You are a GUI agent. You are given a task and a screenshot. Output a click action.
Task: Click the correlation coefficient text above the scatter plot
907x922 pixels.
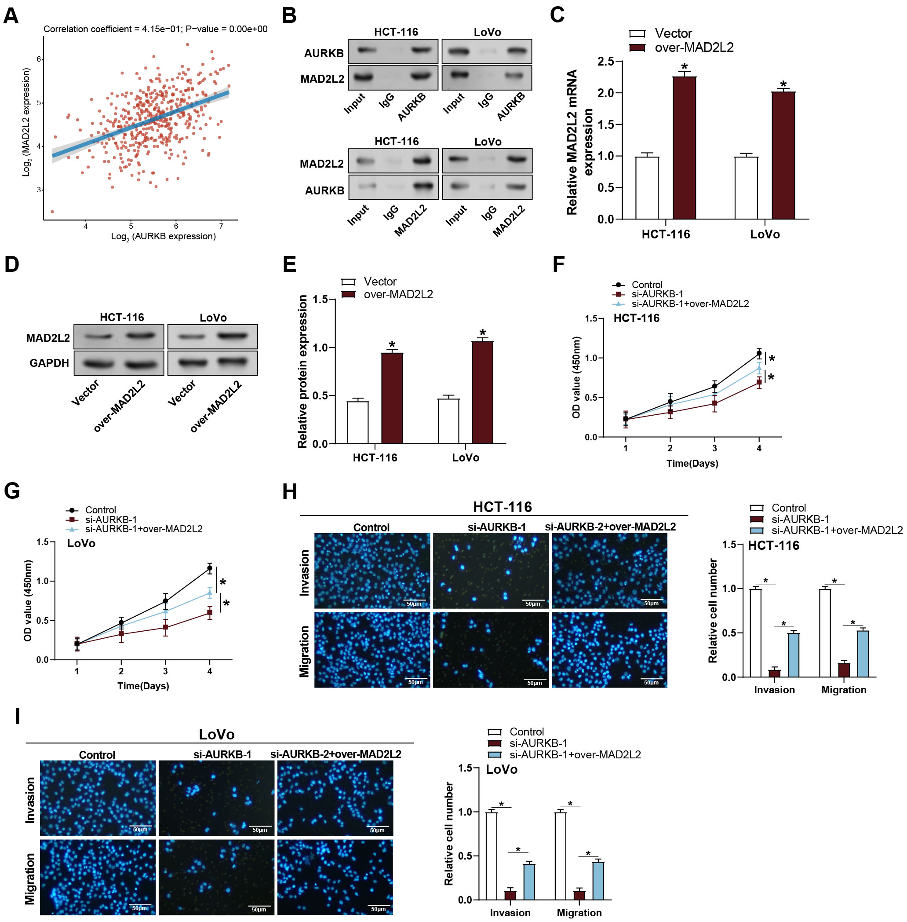[155, 29]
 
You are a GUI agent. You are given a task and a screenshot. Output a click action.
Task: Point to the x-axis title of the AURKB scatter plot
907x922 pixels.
[164, 237]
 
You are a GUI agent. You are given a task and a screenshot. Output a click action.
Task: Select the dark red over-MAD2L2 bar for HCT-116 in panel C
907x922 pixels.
[684, 148]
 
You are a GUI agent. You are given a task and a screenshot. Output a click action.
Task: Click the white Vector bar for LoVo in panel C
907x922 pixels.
[746, 188]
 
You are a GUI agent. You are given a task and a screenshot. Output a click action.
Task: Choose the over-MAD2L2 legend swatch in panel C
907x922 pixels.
[637, 48]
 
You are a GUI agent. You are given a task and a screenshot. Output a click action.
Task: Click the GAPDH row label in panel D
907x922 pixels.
[49, 363]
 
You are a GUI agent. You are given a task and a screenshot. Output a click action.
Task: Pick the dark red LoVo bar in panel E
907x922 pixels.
[483, 392]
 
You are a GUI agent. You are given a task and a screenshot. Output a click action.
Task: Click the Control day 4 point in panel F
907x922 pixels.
[759, 353]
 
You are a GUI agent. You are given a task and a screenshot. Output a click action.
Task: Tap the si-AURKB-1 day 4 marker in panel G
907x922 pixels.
[210, 613]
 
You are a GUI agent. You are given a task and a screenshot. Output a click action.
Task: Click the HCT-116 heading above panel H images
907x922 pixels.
[502, 507]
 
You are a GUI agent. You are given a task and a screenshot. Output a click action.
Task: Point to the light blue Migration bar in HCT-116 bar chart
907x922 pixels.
[863, 654]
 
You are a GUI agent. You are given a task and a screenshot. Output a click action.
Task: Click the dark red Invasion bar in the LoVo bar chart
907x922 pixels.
[510, 895]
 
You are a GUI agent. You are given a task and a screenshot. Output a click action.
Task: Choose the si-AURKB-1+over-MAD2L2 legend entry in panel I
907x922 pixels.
[575, 755]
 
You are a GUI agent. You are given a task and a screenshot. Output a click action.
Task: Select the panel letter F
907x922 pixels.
[558, 264]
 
